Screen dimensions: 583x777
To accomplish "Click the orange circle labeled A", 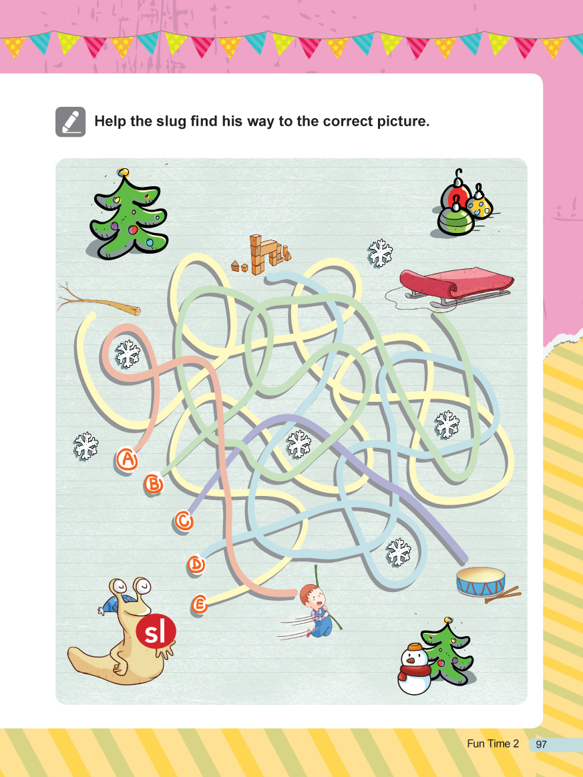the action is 128,459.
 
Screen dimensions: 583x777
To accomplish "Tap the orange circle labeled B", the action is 154,483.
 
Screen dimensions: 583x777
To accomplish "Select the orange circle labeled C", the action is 184,521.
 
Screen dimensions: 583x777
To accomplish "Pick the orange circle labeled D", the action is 196,564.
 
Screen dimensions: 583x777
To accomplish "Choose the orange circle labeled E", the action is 199,605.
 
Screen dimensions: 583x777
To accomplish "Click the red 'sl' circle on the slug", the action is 156,631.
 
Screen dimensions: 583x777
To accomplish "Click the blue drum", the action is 481,582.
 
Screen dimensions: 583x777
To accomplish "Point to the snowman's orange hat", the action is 415,647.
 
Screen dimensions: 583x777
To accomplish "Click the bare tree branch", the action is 99,301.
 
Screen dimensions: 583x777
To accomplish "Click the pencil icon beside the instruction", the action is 70,122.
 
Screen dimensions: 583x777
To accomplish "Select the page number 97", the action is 541,744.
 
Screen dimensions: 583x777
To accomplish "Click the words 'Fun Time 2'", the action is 493,744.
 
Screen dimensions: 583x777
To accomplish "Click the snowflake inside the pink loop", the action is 128,353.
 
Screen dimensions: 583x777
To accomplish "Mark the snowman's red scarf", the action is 415,672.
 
